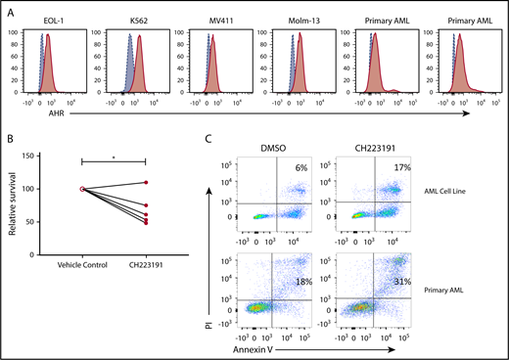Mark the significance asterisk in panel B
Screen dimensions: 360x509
point(115,154)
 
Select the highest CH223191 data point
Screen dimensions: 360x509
point(146,183)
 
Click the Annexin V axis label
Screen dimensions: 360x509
point(278,348)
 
